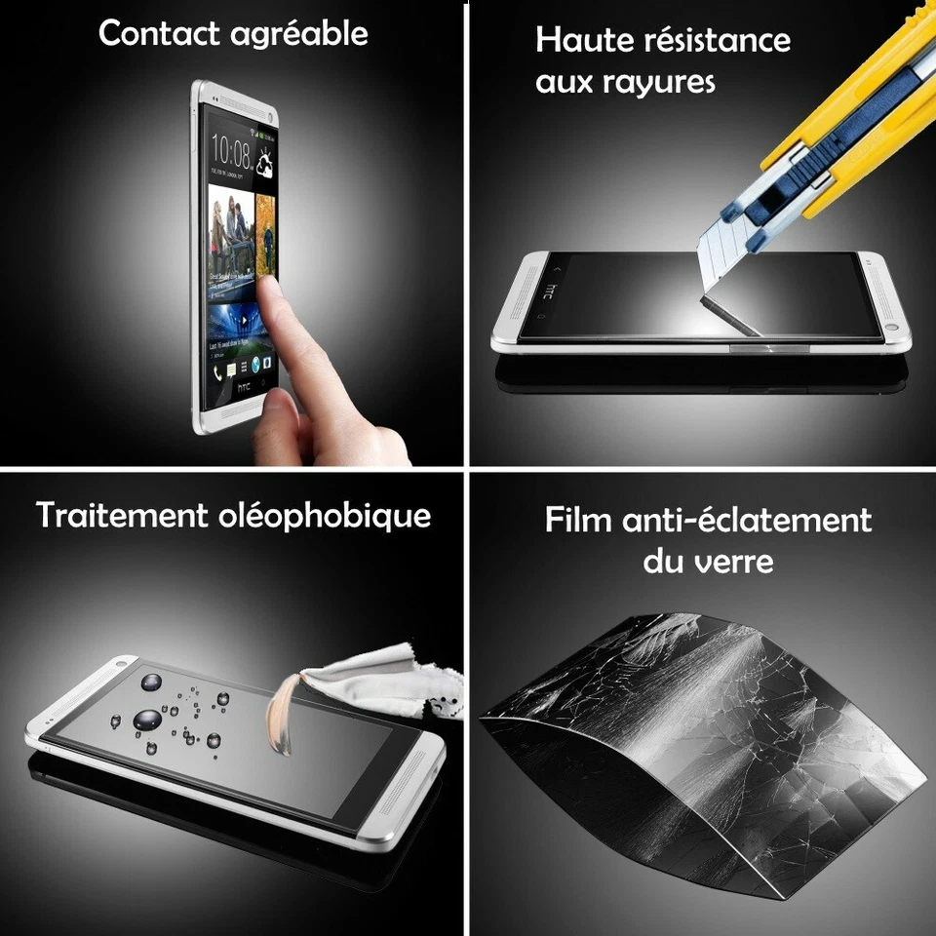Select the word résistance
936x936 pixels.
(714, 40)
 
